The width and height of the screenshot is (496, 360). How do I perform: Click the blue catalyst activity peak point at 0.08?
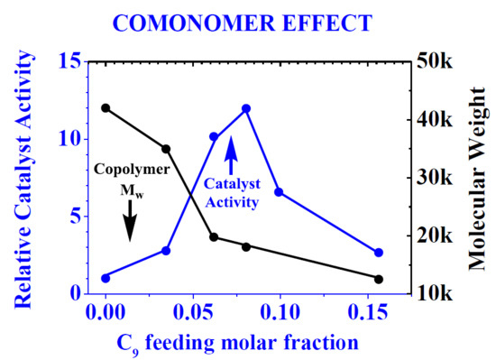click(x=245, y=108)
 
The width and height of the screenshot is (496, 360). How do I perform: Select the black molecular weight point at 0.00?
click(x=106, y=107)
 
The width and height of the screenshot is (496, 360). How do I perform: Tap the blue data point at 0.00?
click(x=106, y=278)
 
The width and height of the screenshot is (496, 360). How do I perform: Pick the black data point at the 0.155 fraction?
click(x=379, y=279)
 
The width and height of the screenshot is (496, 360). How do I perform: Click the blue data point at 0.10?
click(x=279, y=192)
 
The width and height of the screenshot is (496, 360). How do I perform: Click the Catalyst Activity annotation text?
click(x=230, y=190)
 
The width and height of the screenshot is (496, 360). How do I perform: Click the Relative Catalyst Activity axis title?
click(x=22, y=176)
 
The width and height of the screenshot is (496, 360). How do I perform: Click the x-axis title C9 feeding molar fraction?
click(x=233, y=343)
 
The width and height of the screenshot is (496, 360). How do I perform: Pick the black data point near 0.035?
click(x=166, y=149)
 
